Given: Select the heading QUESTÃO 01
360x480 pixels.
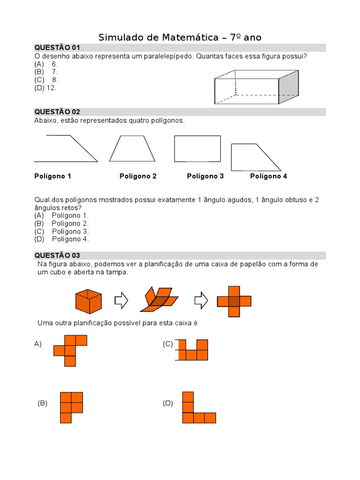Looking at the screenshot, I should (57, 48).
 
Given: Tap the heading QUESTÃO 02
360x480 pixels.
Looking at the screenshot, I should (57, 112).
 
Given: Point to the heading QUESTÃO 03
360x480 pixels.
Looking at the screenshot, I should (57, 255).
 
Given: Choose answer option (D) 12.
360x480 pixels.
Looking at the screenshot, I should (45, 88).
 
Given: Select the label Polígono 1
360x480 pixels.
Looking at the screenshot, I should (52, 176).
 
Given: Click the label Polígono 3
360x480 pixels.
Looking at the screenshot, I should (205, 176).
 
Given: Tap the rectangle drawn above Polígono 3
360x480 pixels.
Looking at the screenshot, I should (197, 149).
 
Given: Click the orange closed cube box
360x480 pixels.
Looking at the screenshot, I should (89, 301).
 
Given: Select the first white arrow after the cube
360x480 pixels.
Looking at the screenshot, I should (121, 300).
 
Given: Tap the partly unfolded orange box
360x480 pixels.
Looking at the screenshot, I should (159, 300).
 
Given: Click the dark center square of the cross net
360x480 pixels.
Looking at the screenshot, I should (234, 301).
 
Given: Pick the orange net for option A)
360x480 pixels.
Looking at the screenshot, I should (70, 350).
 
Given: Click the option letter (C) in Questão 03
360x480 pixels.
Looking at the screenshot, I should (168, 344).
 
